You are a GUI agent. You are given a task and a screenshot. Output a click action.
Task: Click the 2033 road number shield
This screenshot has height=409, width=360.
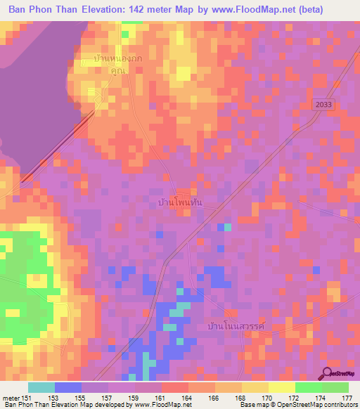[x=324, y=104]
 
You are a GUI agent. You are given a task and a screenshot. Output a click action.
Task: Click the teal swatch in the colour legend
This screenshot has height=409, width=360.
[x=41, y=387]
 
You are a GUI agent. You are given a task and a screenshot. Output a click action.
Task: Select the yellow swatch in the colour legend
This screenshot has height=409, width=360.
[x=282, y=387]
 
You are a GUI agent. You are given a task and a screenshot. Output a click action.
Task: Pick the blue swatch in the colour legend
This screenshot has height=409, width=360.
[x=68, y=387]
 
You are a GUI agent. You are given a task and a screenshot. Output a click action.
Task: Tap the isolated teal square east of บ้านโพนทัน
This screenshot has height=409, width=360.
[x=227, y=227]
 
